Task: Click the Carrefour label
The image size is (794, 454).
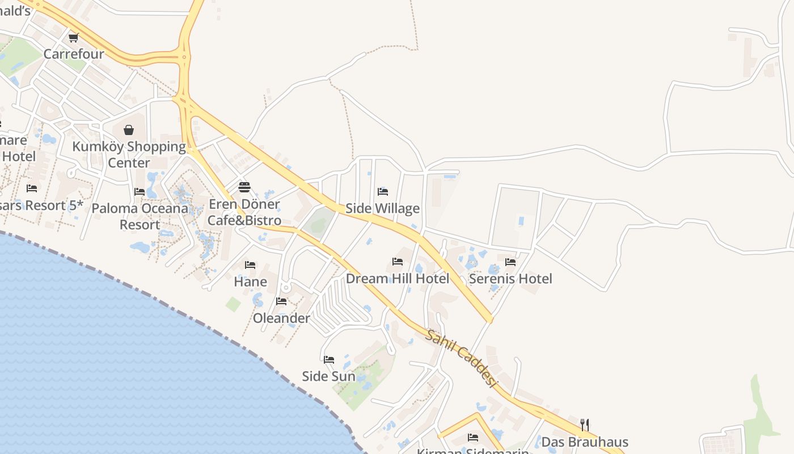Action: pyautogui.click(x=74, y=54)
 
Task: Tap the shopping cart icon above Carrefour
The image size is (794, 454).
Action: pyautogui.click(x=73, y=38)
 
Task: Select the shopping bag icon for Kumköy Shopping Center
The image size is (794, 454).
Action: pyautogui.click(x=129, y=130)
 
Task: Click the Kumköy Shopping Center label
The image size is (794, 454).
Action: pyautogui.click(x=129, y=154)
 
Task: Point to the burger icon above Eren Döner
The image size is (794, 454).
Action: pyautogui.click(x=244, y=187)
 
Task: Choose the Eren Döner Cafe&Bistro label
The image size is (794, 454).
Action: pyautogui.click(x=244, y=212)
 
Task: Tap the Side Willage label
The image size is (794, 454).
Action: pyautogui.click(x=383, y=208)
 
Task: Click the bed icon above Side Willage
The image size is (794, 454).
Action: pyautogui.click(x=383, y=192)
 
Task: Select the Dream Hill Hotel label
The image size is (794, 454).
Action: pyautogui.click(x=398, y=279)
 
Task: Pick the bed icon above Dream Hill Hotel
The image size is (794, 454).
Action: pyautogui.click(x=398, y=262)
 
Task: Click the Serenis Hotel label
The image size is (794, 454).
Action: pyautogui.click(x=510, y=279)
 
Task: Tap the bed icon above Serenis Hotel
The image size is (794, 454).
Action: pyautogui.click(x=510, y=262)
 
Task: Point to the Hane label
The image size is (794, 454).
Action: pyautogui.click(x=250, y=282)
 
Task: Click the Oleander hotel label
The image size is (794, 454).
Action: pyautogui.click(x=281, y=318)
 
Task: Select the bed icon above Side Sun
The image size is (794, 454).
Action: pyautogui.click(x=329, y=359)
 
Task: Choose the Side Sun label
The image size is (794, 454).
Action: pyautogui.click(x=329, y=376)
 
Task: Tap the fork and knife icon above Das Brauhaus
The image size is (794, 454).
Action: pyautogui.click(x=585, y=424)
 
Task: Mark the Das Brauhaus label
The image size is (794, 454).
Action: pyautogui.click(x=585, y=442)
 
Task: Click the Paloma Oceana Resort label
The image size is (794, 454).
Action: pyautogui.click(x=140, y=216)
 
